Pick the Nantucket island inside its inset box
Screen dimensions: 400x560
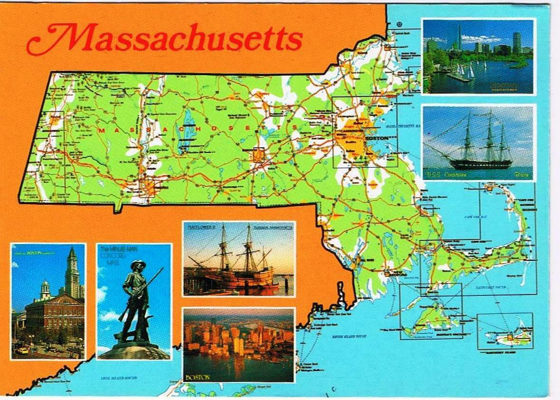tap(508, 338)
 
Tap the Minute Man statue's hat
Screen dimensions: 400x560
tap(138, 264)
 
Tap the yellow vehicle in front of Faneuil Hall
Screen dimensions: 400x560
tap(22, 351)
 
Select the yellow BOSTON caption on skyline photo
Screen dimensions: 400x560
tap(198, 377)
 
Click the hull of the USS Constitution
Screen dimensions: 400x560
tap(480, 164)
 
